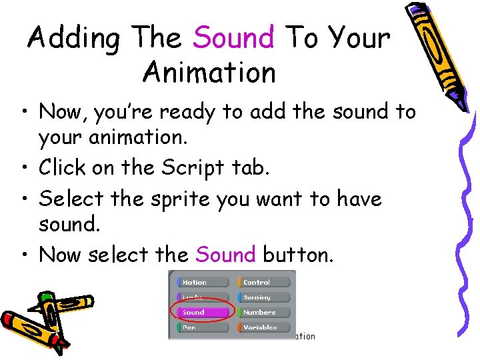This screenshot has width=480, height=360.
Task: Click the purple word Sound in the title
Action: pos(234,37)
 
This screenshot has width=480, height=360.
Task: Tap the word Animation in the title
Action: pos(209,72)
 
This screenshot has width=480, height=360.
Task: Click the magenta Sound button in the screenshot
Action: pos(199,312)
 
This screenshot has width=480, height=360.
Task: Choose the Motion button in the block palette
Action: pos(199,283)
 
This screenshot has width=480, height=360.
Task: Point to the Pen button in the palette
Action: pos(199,327)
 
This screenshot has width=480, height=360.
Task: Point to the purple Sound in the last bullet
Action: pos(225,255)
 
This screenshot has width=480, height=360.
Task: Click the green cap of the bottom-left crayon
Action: pos(45,298)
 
